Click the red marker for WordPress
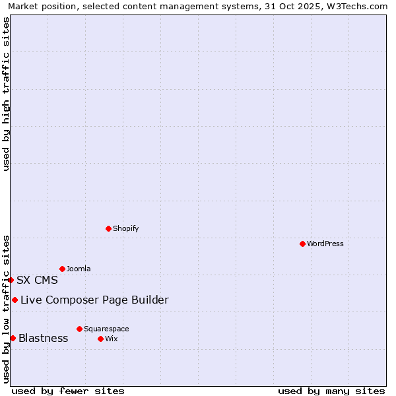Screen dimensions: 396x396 point(302,244)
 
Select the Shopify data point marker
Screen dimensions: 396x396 point(108,228)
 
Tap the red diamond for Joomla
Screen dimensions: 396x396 point(62,269)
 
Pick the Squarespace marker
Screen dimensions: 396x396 point(79,329)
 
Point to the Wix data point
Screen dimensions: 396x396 point(100,339)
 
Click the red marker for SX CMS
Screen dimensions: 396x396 point(11,280)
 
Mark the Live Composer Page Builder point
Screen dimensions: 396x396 point(15,300)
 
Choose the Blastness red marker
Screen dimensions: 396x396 point(13,339)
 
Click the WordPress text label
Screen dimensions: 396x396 point(325,244)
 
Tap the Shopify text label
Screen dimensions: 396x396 point(126,228)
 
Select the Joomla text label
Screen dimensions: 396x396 point(79,269)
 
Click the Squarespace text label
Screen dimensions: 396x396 point(106,329)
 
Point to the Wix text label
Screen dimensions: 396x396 point(112,339)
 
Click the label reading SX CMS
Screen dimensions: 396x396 point(37,280)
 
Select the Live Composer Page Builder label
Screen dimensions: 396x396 point(94,300)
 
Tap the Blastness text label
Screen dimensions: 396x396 point(43,339)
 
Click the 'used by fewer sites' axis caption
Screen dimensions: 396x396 point(68,391)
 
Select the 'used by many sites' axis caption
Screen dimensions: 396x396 point(331,391)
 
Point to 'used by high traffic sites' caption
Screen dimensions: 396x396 point(7,94)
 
